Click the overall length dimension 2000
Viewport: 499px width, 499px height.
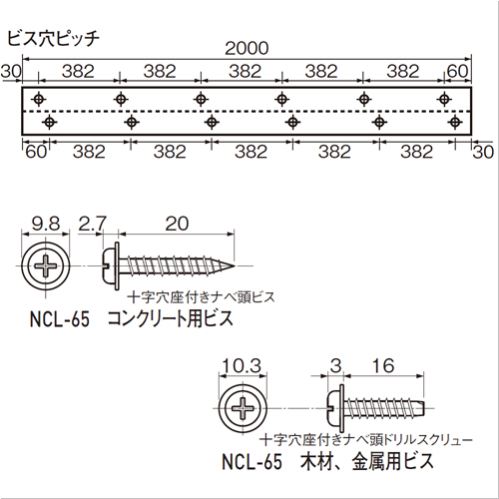247,49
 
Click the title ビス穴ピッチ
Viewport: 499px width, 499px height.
53,39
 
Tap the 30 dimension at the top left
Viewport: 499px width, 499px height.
11,72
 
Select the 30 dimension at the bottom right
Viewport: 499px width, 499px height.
483,152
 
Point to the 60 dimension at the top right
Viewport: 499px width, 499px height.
458,71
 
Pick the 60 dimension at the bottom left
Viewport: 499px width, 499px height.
36,152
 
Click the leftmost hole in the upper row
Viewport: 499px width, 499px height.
39,99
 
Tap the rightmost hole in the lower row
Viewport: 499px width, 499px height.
455,122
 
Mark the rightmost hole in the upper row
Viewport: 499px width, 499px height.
444,99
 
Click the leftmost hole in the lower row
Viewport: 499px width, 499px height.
49,122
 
